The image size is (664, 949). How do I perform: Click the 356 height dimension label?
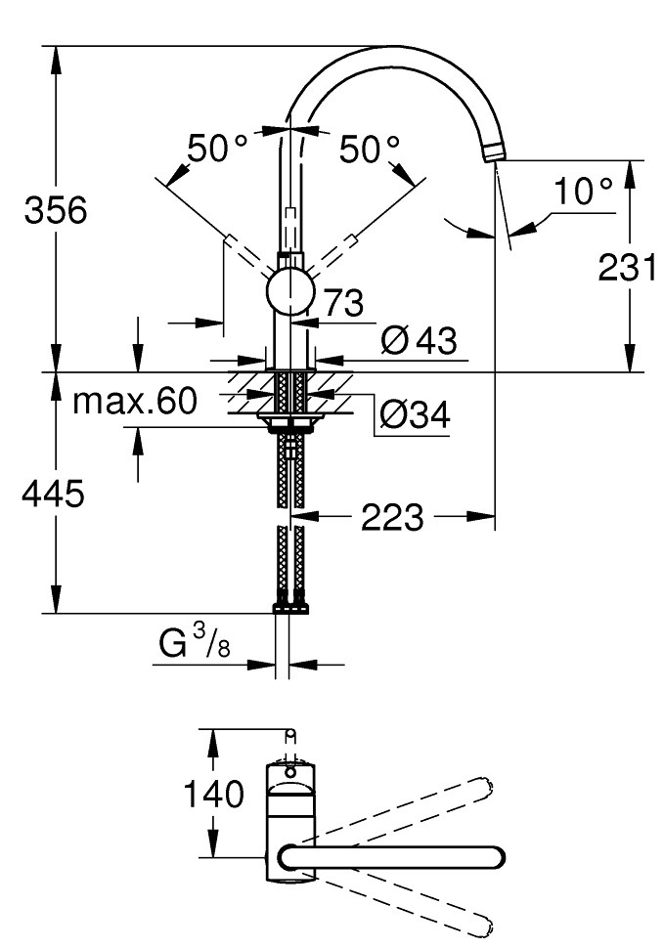coord(56,210)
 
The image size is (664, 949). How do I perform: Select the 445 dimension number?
coord(53,494)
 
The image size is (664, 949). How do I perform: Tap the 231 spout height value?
coord(627,267)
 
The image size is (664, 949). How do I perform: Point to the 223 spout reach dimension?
coord(392,517)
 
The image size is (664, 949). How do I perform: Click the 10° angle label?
coord(583,191)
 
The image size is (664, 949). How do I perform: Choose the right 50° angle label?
coord(370,149)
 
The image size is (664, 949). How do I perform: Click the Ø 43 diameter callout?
coord(419,341)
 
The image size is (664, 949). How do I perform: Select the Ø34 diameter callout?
coord(415,415)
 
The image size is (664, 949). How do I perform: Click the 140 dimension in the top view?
coord(213,794)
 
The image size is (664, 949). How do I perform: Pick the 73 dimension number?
coord(343,302)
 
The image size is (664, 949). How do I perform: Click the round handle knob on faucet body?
coord(290,291)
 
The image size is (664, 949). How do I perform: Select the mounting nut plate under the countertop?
coord(291,420)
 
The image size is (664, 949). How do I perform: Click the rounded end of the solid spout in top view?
coord(497,857)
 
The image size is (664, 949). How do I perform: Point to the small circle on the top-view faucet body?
coord(290,772)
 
